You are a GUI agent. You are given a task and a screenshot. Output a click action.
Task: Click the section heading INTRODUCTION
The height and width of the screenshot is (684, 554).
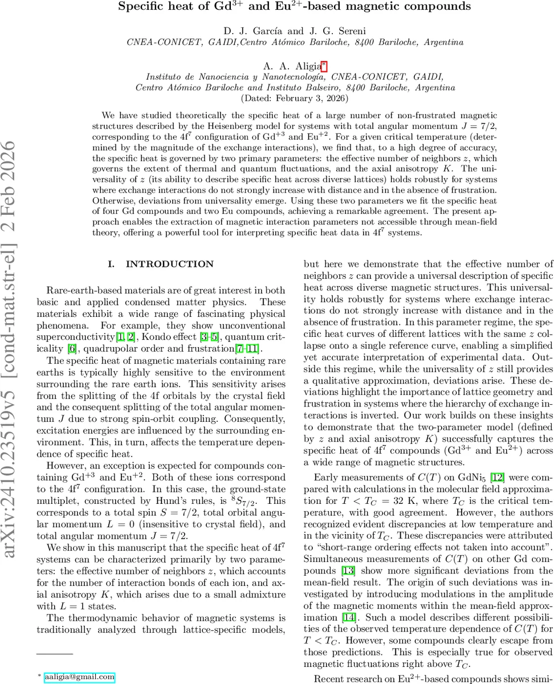pyautogui.click(x=169, y=264)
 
